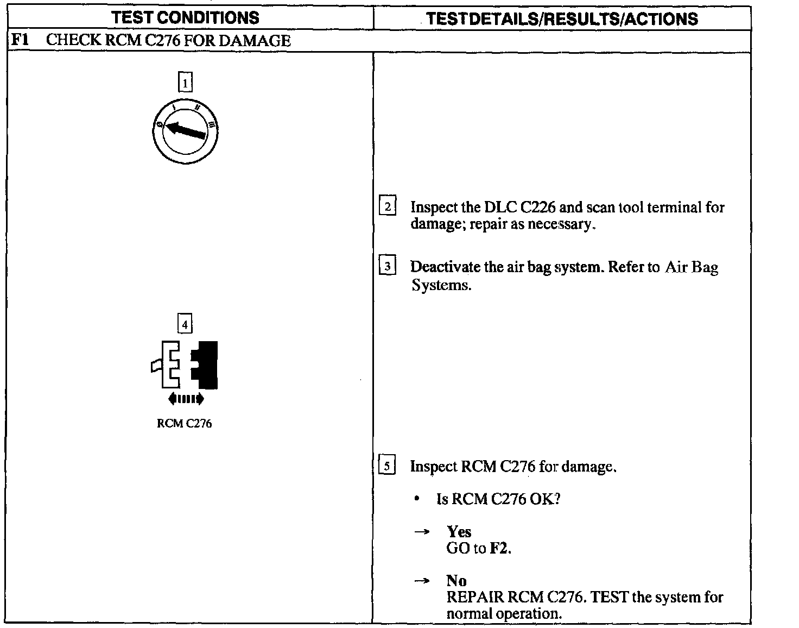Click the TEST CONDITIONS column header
pos(185,18)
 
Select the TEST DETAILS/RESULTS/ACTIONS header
pos(562,19)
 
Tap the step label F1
pos(20,40)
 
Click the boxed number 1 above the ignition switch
pos(186,83)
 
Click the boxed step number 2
pos(388,207)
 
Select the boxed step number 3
pos(388,267)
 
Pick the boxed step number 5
pos(387,466)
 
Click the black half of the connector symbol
pos(206,365)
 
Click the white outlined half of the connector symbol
pos(169,365)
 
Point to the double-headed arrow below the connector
pos(186,399)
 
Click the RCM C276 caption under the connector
pos(185,424)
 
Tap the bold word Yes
pos(459,532)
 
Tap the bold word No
pos(456,581)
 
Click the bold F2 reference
pos(500,548)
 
